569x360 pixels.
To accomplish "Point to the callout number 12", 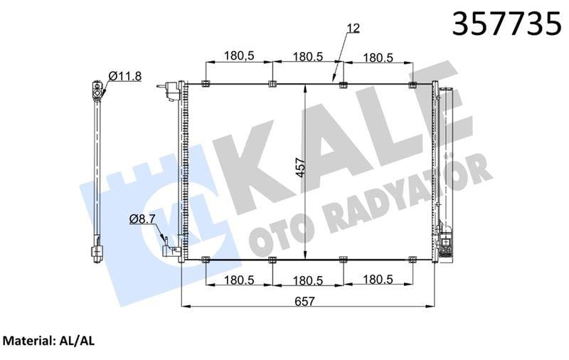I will pyautogui.click(x=353, y=28).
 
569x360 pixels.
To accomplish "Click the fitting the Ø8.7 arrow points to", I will pyautogui.click(x=170, y=250).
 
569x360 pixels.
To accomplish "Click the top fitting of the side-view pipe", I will pyautogui.click(x=96, y=89).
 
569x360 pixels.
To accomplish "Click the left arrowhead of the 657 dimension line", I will pyautogui.click(x=186, y=307).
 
